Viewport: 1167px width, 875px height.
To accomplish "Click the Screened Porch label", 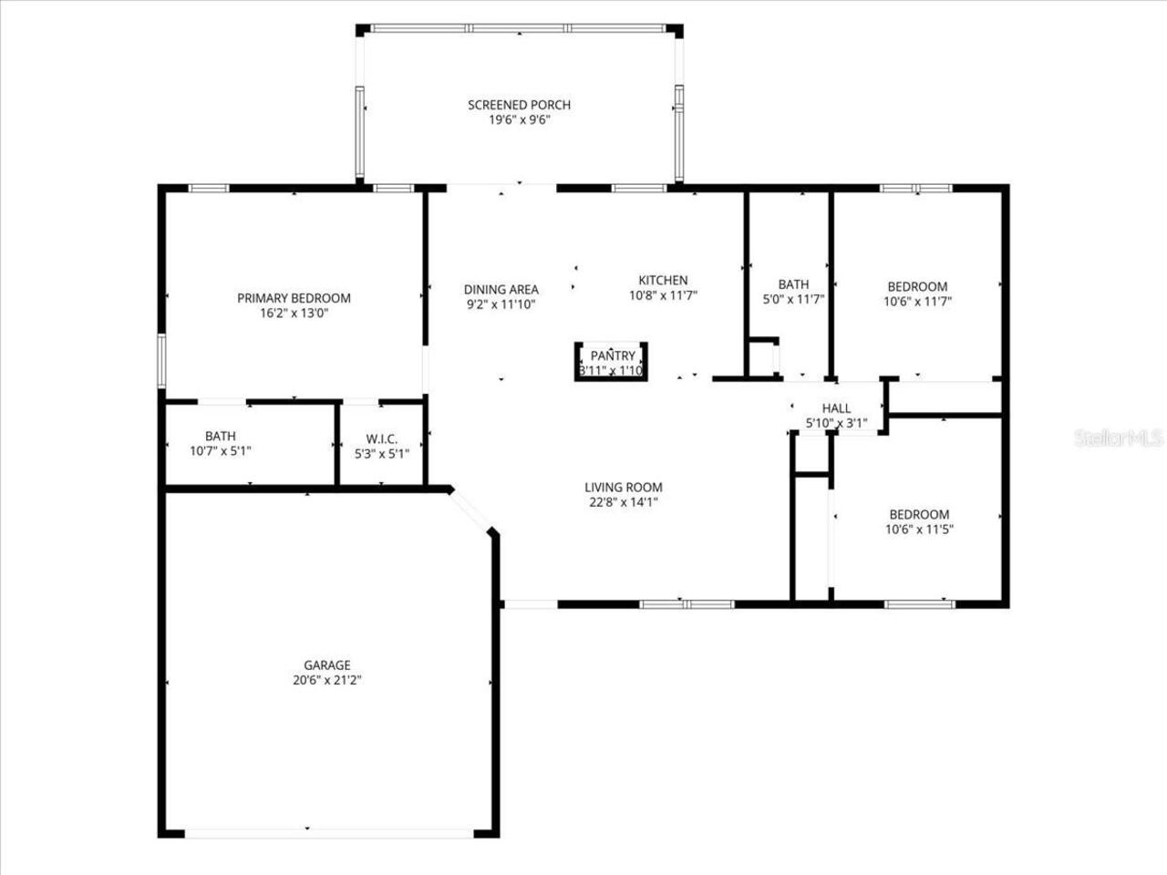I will [519, 105].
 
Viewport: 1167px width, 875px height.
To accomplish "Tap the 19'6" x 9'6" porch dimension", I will [519, 119].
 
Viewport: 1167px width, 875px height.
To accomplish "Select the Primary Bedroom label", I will [294, 298].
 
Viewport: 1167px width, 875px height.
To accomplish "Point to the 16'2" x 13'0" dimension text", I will [294, 313].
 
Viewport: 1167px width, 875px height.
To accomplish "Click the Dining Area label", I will [501, 290].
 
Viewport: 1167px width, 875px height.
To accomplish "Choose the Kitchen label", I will [663, 280].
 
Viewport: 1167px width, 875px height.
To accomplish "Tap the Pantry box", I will [612, 362].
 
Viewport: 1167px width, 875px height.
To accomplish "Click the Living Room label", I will [624, 488].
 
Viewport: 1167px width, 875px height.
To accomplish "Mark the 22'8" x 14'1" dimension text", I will [624, 501].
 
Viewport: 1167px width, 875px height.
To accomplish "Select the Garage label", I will [327, 665].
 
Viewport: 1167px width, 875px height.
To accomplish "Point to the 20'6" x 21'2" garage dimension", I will [327, 680].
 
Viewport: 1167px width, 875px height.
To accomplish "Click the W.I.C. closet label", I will [381, 439].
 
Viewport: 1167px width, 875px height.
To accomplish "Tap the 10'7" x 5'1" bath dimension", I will [220, 451].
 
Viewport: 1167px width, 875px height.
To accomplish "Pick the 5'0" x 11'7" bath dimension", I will [793, 299].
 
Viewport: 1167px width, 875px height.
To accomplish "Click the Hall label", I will [836, 408].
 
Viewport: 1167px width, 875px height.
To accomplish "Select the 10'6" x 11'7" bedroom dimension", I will [917, 301].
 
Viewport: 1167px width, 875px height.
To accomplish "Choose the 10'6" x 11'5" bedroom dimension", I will [919, 529].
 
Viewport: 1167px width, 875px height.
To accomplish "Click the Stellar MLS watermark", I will [1119, 438].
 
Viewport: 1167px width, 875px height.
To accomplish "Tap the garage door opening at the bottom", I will [328, 832].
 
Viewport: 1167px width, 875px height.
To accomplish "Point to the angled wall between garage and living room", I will [472, 510].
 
